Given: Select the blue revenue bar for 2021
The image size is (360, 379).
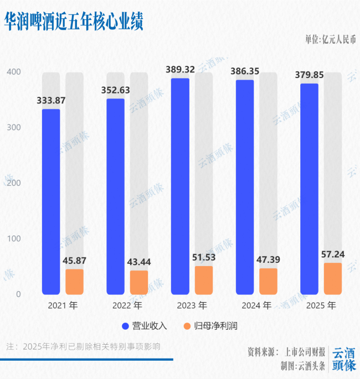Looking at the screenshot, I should pos(51,202).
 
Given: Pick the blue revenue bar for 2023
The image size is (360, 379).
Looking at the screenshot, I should pos(180,186).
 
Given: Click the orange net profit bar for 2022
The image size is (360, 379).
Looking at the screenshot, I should pos(139,282).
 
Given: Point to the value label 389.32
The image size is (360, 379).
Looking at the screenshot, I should pos(181,70).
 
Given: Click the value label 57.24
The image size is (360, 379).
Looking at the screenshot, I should pos(333,255).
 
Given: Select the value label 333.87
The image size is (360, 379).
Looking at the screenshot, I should pos(52,100).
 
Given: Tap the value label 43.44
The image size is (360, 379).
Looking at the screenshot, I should pos(139,262).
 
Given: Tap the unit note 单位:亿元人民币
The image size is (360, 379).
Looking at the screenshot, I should pos(331,39).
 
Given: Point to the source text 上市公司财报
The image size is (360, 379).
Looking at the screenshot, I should pos(305,352).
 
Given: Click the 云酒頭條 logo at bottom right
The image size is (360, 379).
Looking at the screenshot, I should pos(343,359).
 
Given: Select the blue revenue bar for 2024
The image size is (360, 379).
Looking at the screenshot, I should pos(245,187).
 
